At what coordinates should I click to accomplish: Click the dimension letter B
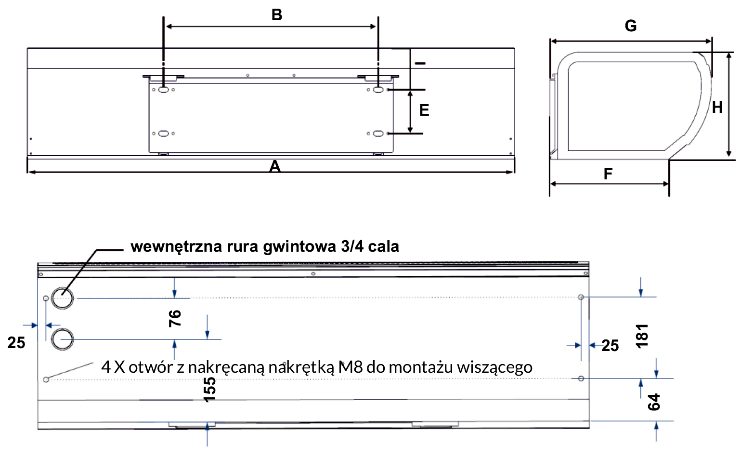point(277,15)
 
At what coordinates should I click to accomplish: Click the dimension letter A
point(275,166)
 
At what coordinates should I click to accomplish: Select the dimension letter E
point(424,110)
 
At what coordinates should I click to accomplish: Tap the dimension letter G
point(631,26)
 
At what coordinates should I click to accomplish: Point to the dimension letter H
point(717,107)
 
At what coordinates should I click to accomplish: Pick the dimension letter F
point(608,174)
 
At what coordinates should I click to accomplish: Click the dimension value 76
point(175,318)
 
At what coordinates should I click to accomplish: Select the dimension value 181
point(642,336)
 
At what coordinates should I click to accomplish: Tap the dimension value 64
point(654,402)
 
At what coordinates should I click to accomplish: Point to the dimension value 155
point(210,390)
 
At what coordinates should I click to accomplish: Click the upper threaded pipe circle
point(62,298)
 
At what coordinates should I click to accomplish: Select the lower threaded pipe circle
point(62,339)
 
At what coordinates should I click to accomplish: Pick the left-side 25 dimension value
point(16,343)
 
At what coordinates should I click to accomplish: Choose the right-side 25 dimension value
point(610,345)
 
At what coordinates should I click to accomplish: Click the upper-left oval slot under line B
point(163,89)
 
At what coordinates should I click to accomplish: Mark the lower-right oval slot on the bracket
point(378,133)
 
